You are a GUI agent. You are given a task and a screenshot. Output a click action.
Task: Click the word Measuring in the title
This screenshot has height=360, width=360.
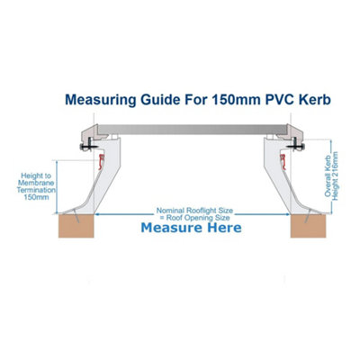tap(101, 100)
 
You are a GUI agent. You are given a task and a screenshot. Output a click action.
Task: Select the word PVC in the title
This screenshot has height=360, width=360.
tap(281, 99)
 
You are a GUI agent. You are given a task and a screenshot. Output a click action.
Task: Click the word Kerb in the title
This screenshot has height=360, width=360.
tap(315, 99)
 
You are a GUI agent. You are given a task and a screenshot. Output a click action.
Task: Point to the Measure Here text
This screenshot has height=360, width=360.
tap(191, 228)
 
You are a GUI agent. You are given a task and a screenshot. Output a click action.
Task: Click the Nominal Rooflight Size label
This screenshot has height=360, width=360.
tap(194, 211)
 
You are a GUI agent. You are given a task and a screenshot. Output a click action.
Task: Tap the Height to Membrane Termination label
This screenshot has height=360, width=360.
tap(36, 186)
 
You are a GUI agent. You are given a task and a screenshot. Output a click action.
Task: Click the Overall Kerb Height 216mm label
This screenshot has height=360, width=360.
tap(331, 176)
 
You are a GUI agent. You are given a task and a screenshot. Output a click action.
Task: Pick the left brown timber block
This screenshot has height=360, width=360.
tap(76, 226)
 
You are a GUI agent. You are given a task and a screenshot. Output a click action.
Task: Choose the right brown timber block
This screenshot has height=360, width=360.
tap(308, 226)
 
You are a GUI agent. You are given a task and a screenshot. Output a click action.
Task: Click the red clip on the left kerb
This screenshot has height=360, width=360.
tap(102, 161)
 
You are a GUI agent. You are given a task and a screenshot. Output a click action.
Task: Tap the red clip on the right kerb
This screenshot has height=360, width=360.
tap(283, 162)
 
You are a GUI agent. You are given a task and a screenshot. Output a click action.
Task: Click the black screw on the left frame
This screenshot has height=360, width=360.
tap(87, 147)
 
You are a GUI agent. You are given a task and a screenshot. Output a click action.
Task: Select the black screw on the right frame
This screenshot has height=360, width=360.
tap(296, 147)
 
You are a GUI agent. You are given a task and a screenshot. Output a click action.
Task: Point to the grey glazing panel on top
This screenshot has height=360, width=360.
tap(192, 130)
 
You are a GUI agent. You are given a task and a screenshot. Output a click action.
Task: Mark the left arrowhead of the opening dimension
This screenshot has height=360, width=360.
tap(97, 214)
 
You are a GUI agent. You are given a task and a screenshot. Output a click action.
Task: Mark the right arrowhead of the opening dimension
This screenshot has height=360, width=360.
tap(287, 214)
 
